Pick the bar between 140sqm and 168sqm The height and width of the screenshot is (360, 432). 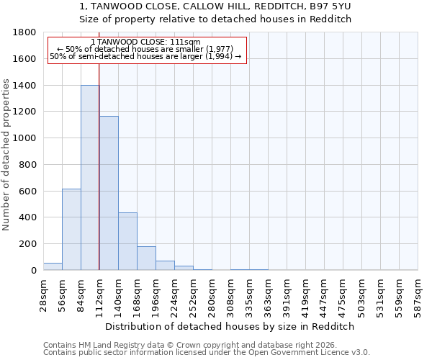pos(127,241)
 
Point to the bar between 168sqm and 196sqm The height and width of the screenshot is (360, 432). pos(146,258)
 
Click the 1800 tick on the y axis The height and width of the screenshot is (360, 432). pos(25,32)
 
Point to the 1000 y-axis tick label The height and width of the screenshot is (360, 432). pos(25,138)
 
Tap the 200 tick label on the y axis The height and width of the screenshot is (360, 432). pos(27,244)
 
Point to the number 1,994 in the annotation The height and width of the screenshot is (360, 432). pos(220,56)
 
